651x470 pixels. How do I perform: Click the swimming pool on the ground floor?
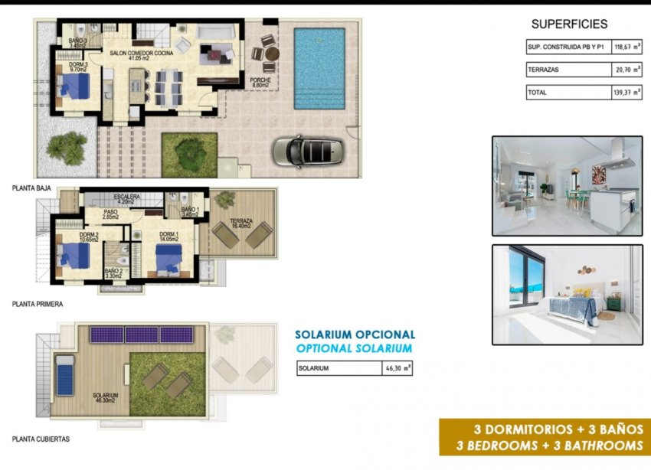coord(319,68)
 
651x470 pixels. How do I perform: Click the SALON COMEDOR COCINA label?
coord(142,54)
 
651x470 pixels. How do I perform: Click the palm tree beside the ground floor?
coord(67,147)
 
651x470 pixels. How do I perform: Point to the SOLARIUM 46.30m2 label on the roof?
coord(105,397)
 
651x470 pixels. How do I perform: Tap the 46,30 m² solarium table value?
coord(397,368)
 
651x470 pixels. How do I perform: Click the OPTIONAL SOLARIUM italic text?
coord(355,348)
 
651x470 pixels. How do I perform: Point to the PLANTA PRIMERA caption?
coord(38,304)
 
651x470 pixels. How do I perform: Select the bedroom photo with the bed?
coord(567,295)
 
